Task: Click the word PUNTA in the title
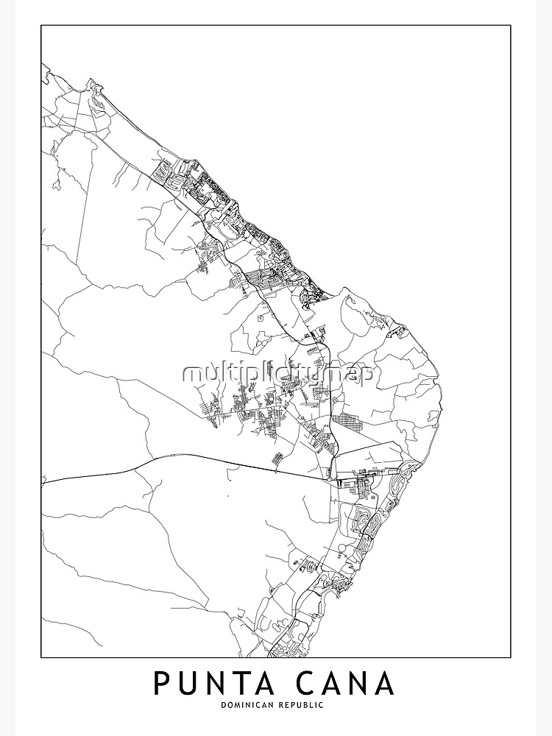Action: click(x=209, y=683)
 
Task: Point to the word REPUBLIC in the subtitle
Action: click(x=303, y=706)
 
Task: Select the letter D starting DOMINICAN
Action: click(x=222, y=706)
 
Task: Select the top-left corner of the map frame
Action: click(x=41, y=26)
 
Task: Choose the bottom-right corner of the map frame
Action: click(x=511, y=657)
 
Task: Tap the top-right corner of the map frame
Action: click(x=511, y=26)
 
